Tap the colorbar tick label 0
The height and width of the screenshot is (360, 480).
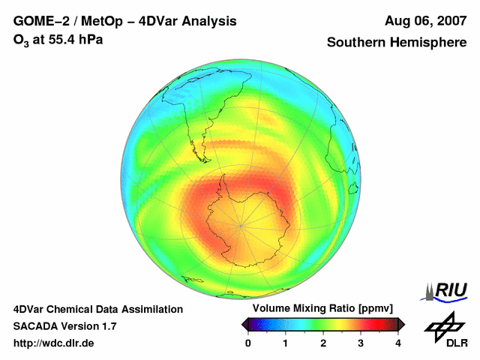[x=248, y=343]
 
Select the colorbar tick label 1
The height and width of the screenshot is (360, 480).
[x=286, y=343]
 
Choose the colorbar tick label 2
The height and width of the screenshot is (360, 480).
[x=323, y=343]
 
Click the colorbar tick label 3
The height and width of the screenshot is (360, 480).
[x=361, y=343]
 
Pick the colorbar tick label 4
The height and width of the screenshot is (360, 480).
[x=398, y=343]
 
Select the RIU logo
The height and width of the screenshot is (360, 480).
[x=444, y=290]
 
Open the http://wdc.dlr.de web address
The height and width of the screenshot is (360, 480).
[x=54, y=343]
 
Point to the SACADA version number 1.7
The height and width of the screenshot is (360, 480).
[x=107, y=326]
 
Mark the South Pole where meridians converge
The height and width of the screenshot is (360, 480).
[x=240, y=224]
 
